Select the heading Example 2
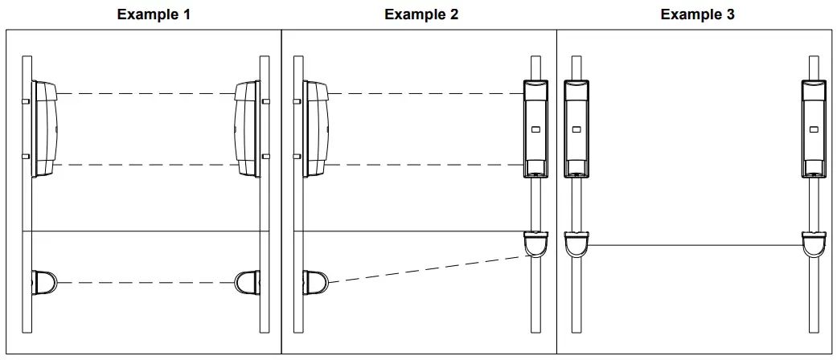pos(421,14)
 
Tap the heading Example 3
pos(697,14)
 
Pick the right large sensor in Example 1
pos(245,129)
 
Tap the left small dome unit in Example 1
pos(44,282)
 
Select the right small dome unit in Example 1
pos(247,282)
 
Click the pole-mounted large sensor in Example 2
pos(535,129)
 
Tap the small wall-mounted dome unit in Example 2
pos(315,283)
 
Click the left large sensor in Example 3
pos(576,129)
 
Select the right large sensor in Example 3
pos(814,129)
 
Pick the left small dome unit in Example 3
pos(576,243)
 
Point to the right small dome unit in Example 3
pos(814,243)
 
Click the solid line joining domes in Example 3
pos(695,246)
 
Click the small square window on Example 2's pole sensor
pos(535,128)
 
